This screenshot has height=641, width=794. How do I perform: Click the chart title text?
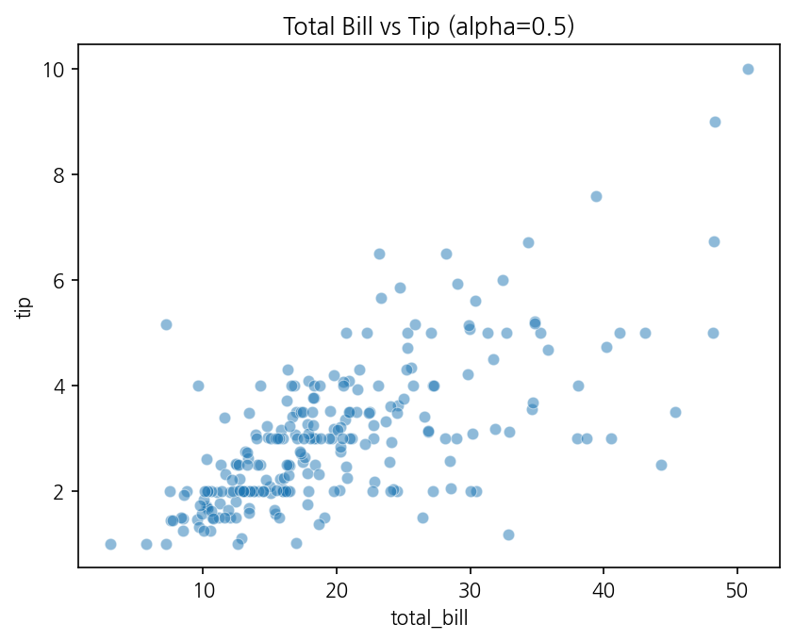pyautogui.click(x=428, y=26)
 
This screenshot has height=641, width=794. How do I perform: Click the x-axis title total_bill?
pyautogui.click(x=429, y=618)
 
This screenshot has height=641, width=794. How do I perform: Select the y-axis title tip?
pyautogui.click(x=24, y=307)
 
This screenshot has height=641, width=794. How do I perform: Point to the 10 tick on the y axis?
pyautogui.click(x=54, y=70)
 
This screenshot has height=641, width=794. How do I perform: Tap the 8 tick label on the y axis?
pyautogui.click(x=59, y=174)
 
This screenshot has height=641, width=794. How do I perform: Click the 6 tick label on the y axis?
pyautogui.click(x=59, y=281)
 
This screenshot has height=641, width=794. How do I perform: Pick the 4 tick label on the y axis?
pyautogui.click(x=59, y=386)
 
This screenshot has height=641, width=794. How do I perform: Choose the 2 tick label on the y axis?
pyautogui.click(x=59, y=491)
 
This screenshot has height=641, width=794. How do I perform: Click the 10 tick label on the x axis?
pyautogui.click(x=203, y=590)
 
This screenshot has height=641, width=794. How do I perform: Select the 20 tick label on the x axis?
pyautogui.click(x=337, y=590)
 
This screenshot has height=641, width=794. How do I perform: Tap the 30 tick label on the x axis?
pyautogui.click(x=471, y=590)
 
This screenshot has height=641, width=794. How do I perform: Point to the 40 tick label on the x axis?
pyautogui.click(x=604, y=590)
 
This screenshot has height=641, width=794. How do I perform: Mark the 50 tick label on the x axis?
pyautogui.click(x=737, y=590)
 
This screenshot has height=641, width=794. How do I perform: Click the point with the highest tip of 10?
pyautogui.click(x=748, y=70)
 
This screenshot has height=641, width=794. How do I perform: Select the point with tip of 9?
pyautogui.click(x=715, y=122)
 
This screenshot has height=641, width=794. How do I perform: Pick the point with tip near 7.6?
pyautogui.click(x=597, y=196)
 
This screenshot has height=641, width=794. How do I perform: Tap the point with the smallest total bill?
pyautogui.click(x=111, y=544)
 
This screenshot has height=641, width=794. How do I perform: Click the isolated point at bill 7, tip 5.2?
pyautogui.click(x=166, y=324)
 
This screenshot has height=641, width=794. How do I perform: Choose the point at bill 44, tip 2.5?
pyautogui.click(x=661, y=465)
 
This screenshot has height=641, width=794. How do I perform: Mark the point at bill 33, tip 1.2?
pyautogui.click(x=509, y=534)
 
